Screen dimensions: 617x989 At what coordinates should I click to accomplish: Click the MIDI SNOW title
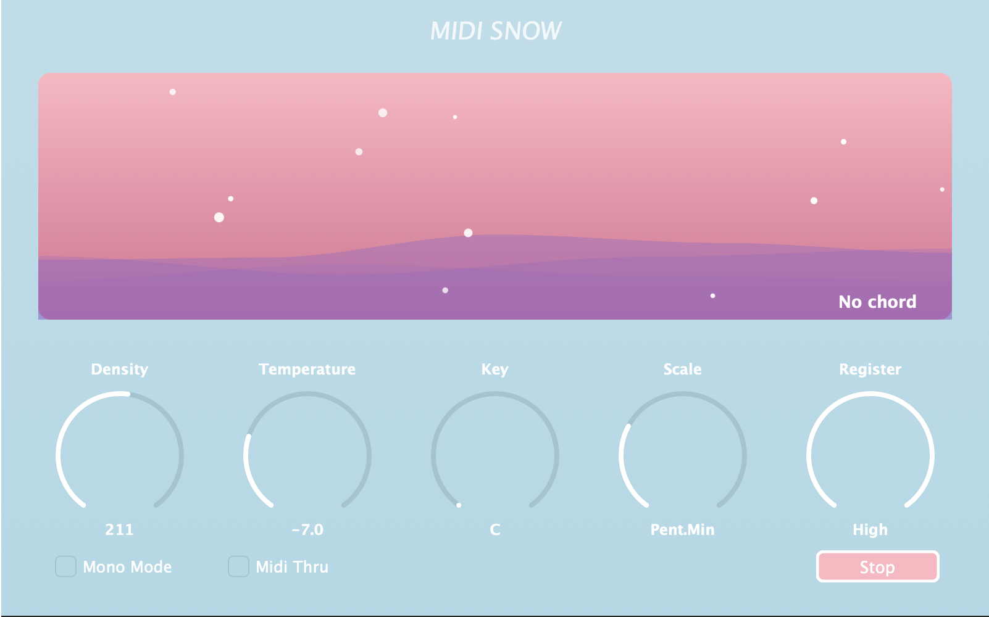[495, 31]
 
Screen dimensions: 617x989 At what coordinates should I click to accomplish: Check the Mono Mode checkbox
[65, 566]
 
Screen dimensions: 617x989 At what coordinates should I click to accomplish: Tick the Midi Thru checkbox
[238, 566]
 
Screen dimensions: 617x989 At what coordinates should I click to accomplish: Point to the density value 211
[119, 529]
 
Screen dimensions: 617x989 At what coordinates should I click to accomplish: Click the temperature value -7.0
[307, 529]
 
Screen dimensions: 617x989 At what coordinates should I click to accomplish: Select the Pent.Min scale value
[682, 529]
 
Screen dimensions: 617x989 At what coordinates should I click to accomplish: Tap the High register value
[870, 529]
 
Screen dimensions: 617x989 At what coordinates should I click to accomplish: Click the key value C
[495, 529]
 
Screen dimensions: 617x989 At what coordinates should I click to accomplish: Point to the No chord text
[877, 302]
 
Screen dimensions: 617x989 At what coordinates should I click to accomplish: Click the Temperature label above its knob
[307, 369]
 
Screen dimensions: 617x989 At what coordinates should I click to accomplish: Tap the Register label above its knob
[870, 369]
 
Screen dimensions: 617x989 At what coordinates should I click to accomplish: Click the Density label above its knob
[119, 369]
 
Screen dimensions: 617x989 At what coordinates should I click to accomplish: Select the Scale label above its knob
[682, 369]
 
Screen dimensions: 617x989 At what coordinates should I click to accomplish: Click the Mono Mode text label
[127, 567]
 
